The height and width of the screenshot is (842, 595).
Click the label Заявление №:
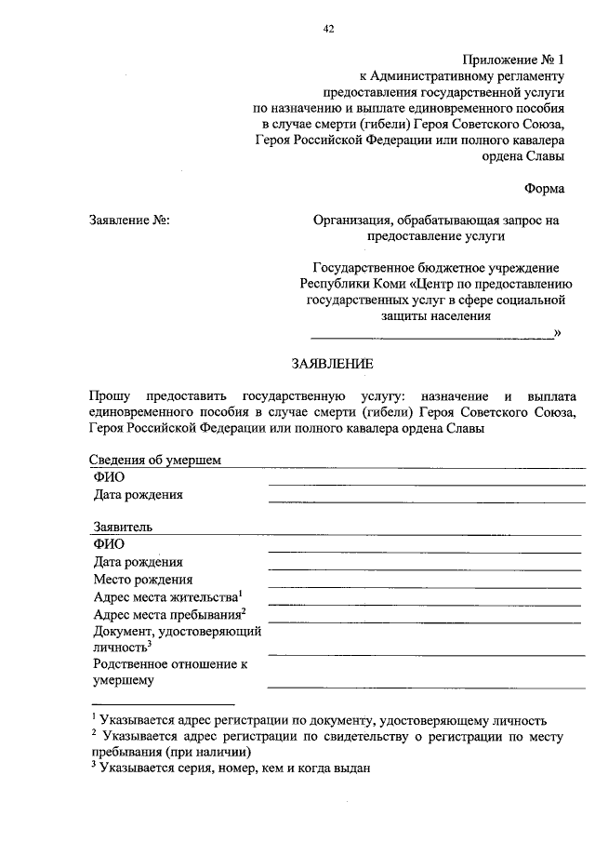(128, 221)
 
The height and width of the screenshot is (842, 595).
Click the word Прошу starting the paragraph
(111, 395)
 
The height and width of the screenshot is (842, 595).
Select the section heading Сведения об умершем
(155, 460)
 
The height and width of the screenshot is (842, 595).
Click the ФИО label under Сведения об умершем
(109, 477)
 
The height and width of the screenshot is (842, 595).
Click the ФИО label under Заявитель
(109, 544)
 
